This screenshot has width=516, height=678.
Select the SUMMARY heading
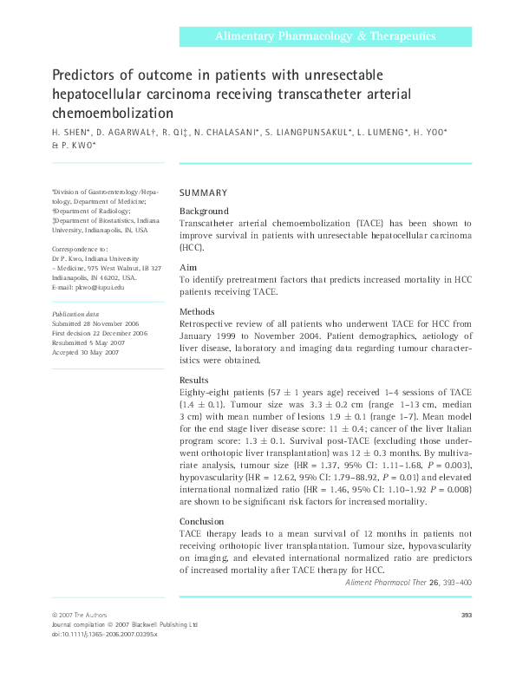coord(203,192)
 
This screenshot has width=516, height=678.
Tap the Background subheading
coord(204,211)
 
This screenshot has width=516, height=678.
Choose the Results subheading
coord(195,380)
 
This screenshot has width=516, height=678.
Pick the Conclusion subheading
coord(203,521)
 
